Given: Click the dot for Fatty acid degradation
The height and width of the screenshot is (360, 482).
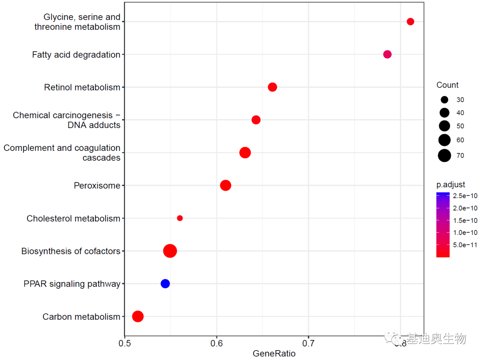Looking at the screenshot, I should tap(387, 54).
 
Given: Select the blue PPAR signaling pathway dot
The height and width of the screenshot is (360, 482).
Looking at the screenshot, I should tap(165, 284).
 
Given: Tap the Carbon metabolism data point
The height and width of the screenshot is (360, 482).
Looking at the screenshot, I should tap(138, 316).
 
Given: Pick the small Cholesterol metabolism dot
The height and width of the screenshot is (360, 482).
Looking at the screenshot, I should tap(180, 218).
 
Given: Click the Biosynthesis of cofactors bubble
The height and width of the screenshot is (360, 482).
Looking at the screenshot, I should tap(170, 251).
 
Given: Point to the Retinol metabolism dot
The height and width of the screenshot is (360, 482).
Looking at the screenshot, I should tap(273, 87).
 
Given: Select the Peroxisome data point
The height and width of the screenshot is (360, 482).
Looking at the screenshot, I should tap(226, 185).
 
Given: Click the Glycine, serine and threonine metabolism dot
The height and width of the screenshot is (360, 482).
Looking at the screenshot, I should tap(411, 22).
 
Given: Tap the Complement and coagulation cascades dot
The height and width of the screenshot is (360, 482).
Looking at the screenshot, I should tap(245, 153).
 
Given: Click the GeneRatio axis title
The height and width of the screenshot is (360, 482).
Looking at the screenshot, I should tap(274, 354).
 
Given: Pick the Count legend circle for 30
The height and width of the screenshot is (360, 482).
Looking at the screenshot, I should tap(444, 100).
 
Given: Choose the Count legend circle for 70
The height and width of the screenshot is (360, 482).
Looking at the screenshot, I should tap(444, 155).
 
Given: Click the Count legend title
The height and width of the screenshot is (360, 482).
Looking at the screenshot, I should tap(447, 85).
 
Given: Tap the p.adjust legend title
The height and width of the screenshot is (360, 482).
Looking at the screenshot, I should tap(451, 185).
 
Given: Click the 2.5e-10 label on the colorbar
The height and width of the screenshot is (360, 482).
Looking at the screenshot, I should tap(465, 196).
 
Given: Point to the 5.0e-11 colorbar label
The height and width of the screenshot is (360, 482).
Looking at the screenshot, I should tap(465, 244).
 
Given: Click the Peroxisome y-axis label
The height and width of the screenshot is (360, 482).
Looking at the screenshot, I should tap(97, 186).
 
